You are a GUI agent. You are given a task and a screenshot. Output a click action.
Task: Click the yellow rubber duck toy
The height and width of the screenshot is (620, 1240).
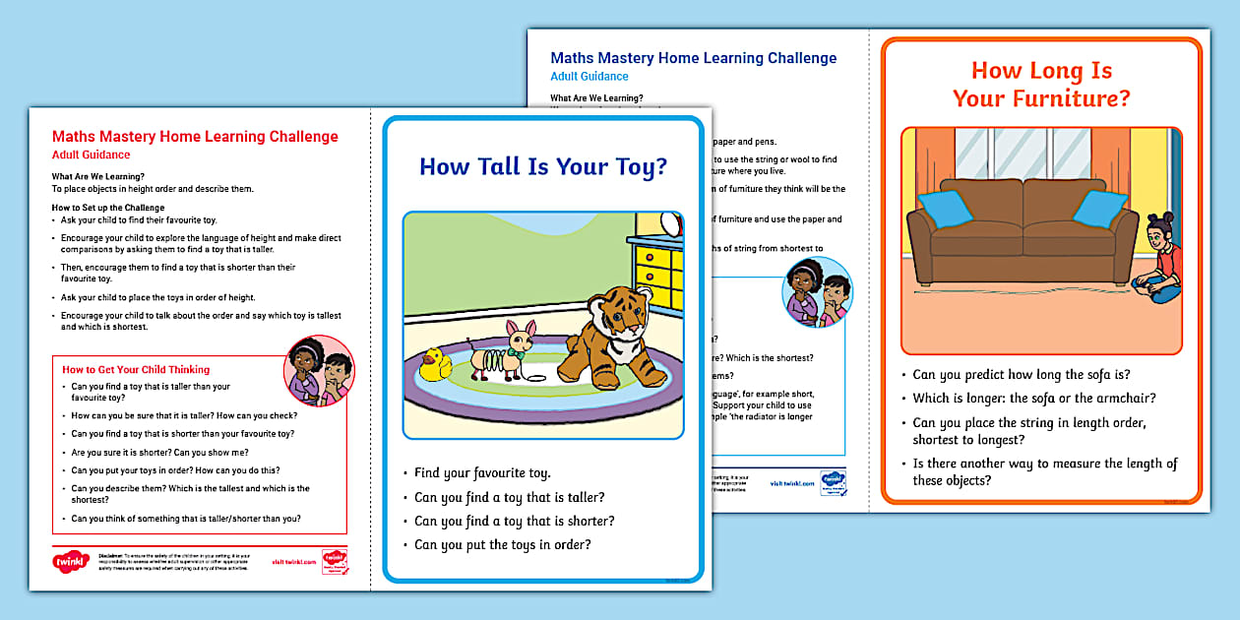(x=433, y=367)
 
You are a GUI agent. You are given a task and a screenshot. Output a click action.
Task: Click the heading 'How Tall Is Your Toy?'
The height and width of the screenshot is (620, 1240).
(x=543, y=166)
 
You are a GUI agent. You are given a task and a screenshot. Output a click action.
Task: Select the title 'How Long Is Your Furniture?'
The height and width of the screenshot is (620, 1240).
(x=1041, y=85)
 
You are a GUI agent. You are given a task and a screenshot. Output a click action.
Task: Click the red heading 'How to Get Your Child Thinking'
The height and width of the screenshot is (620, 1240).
(x=136, y=370)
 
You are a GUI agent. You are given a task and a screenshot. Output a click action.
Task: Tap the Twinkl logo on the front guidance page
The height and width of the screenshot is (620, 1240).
(x=71, y=562)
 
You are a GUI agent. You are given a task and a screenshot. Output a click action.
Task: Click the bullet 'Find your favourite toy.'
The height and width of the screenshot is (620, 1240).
(x=482, y=473)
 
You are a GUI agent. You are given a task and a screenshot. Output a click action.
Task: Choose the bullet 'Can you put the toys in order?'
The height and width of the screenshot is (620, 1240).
(x=502, y=544)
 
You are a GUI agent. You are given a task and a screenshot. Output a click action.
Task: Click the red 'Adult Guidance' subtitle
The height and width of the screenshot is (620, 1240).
(x=91, y=155)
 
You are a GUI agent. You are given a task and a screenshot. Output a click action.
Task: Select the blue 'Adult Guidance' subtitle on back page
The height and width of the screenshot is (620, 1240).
(x=589, y=77)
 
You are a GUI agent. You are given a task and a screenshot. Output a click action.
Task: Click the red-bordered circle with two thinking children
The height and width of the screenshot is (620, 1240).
(x=319, y=371)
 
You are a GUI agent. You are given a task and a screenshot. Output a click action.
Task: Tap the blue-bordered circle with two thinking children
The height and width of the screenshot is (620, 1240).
(x=818, y=291)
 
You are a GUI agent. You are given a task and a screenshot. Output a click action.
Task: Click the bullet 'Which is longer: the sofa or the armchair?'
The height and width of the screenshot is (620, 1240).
(x=1033, y=399)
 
